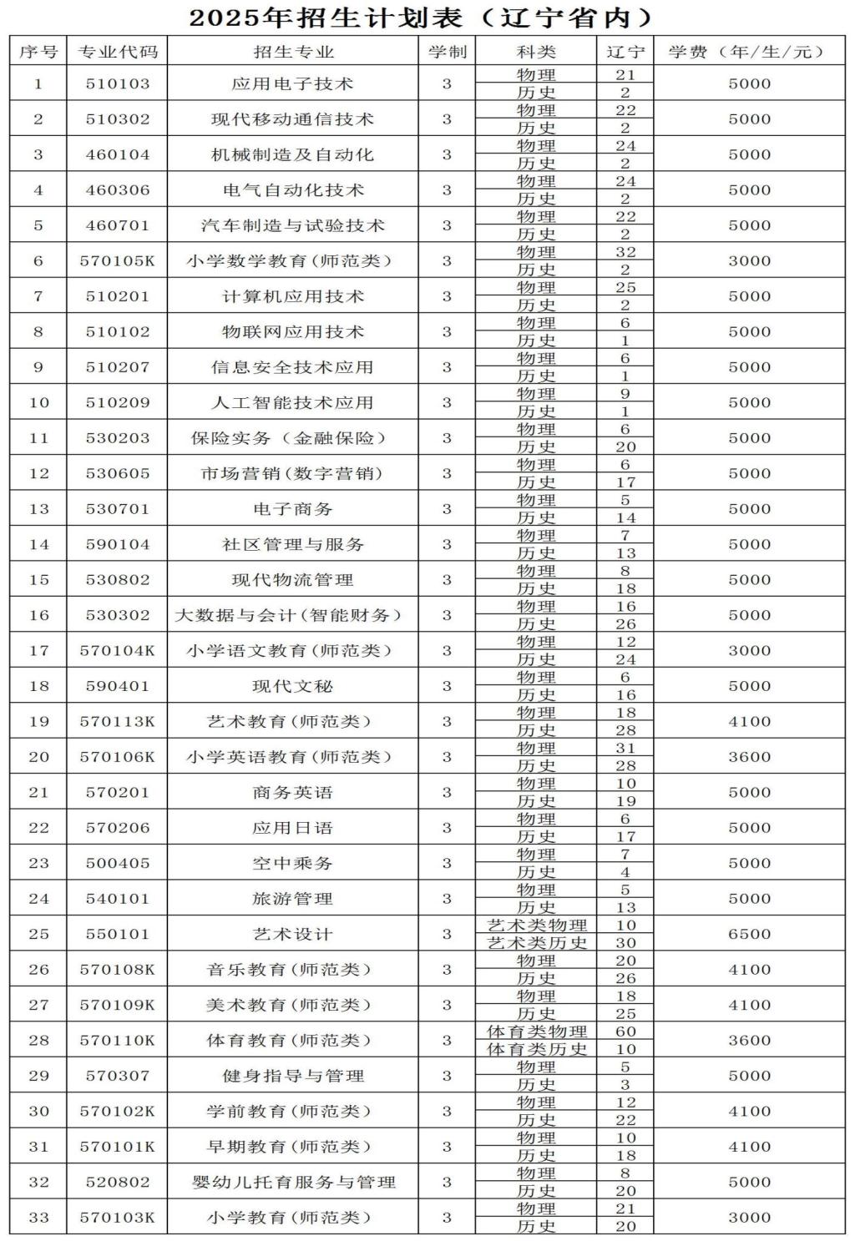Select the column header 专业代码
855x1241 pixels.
tap(118, 52)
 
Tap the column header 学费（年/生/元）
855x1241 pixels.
tap(748, 52)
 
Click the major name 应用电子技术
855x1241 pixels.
tap(292, 83)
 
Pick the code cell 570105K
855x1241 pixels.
tap(118, 261)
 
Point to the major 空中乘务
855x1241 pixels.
tap(292, 863)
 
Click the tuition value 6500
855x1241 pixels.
tap(749, 934)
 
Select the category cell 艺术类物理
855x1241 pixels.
tap(537, 926)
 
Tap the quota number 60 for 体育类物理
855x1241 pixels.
tap(625, 1032)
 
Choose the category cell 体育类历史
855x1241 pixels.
tap(537, 1050)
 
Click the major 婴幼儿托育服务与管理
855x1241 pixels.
tap(292, 1182)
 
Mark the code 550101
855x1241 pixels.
tap(118, 934)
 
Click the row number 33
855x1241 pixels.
tap(38, 1218)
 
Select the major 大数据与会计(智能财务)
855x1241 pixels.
tap(289, 615)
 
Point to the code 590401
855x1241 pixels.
tap(118, 686)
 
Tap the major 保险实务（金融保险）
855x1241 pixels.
tap(289, 438)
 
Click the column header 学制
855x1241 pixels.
tap(447, 52)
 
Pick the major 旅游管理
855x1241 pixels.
tap(292, 899)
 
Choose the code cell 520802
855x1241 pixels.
tap(118, 1182)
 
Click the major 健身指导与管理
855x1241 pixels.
tap(292, 1076)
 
